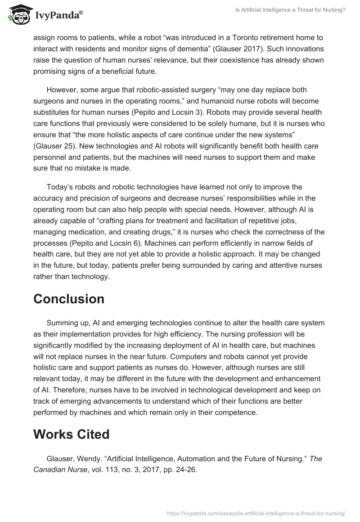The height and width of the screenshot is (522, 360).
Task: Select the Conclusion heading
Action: tap(69, 299)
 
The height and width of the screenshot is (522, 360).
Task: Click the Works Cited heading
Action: tap(72, 434)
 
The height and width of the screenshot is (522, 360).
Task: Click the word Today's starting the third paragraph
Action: tap(59, 187)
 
